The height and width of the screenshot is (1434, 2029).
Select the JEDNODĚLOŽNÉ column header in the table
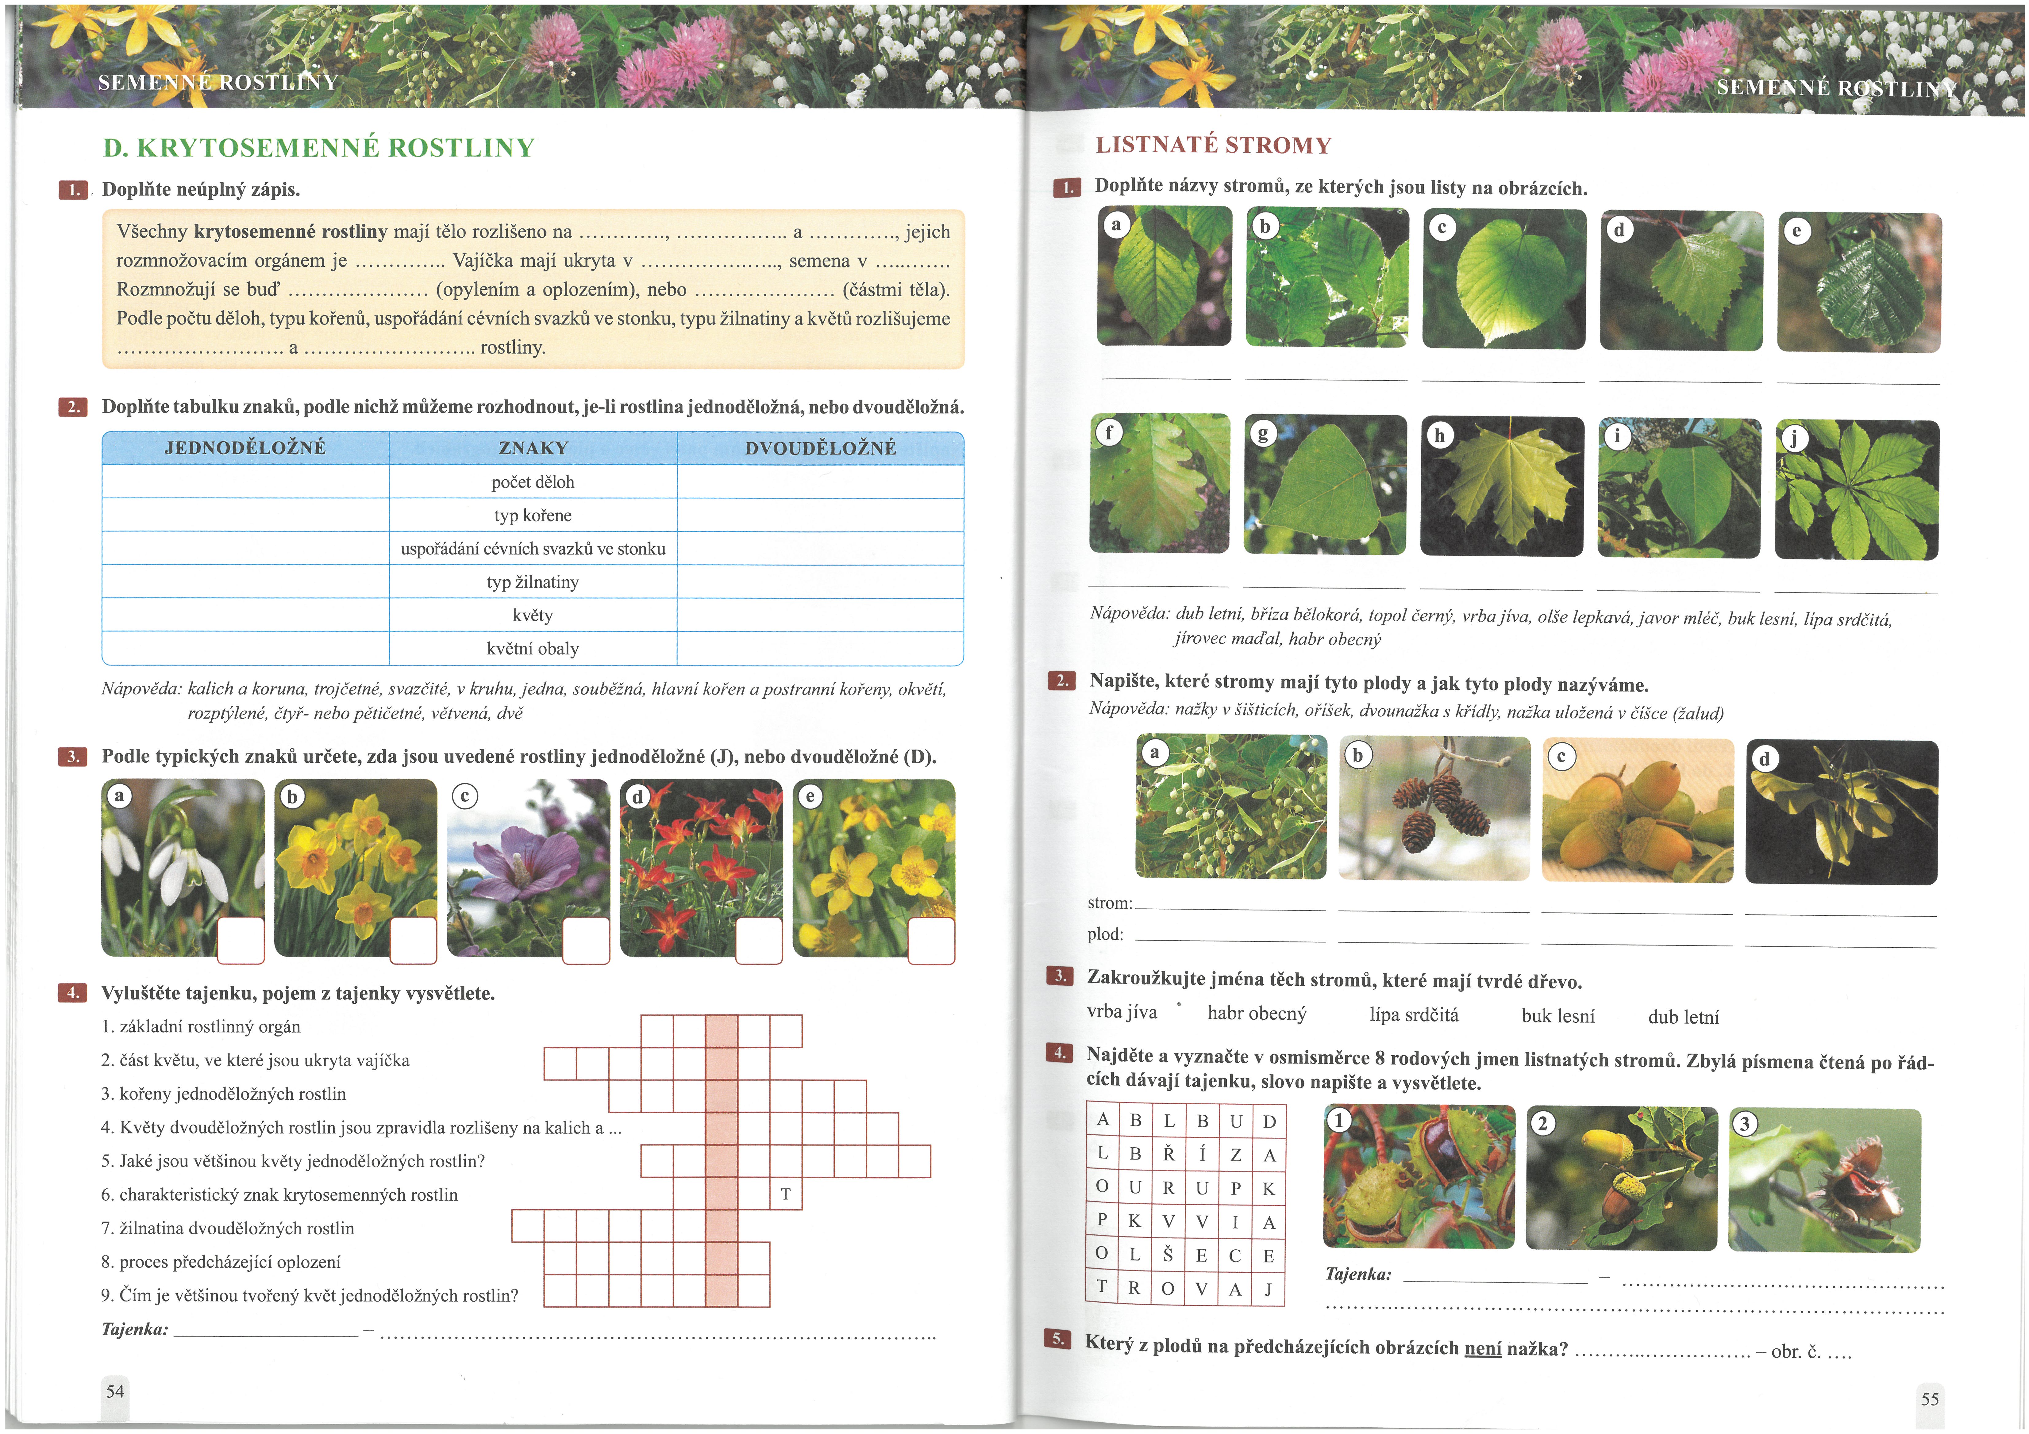(246, 448)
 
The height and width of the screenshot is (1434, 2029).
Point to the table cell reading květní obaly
(533, 649)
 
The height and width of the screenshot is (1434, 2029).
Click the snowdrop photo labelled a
(183, 868)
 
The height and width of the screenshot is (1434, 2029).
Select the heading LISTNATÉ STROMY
(1213, 145)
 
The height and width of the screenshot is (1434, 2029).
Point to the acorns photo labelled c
(1638, 810)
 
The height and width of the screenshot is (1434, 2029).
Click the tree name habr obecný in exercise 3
(1257, 1014)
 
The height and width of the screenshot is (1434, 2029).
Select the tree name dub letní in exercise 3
(1684, 1017)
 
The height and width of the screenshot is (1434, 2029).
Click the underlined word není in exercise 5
(1483, 1348)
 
